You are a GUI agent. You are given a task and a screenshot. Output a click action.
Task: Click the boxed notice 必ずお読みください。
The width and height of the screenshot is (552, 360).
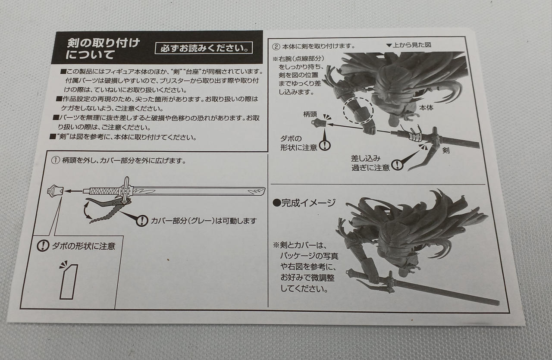(x=204, y=48)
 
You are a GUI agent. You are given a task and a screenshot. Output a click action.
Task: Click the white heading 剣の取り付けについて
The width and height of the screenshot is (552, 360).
(x=103, y=49)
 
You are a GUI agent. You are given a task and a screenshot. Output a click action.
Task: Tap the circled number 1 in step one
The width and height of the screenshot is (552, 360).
(x=56, y=160)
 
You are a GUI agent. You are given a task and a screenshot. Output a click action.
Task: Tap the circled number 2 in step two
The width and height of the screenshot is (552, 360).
(x=276, y=47)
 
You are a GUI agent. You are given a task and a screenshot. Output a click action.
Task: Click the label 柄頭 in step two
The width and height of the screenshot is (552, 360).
(x=310, y=114)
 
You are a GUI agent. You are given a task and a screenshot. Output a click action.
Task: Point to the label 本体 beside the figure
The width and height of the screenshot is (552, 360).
(x=426, y=108)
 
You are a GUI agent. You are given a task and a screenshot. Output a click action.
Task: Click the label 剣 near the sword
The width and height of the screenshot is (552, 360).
(x=446, y=150)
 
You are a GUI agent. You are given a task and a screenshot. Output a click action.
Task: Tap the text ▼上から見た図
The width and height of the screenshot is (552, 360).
(x=408, y=45)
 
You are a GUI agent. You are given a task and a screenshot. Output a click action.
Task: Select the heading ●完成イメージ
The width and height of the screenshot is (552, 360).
(x=304, y=203)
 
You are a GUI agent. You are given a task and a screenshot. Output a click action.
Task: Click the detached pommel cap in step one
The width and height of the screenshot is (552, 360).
(x=55, y=191)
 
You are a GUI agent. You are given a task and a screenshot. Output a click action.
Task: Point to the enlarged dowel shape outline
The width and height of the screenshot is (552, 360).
(x=69, y=282)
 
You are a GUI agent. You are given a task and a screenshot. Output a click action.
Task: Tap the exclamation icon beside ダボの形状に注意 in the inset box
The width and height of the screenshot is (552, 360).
(x=43, y=246)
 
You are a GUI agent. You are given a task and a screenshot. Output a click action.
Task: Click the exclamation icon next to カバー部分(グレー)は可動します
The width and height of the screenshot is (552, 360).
(x=142, y=221)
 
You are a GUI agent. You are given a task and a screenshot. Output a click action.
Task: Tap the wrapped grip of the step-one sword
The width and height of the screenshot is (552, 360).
(x=104, y=191)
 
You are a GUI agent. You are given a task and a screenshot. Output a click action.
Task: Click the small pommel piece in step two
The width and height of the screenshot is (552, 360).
(x=319, y=122)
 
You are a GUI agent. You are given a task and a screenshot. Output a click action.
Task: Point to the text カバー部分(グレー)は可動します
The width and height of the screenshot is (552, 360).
(x=204, y=221)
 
